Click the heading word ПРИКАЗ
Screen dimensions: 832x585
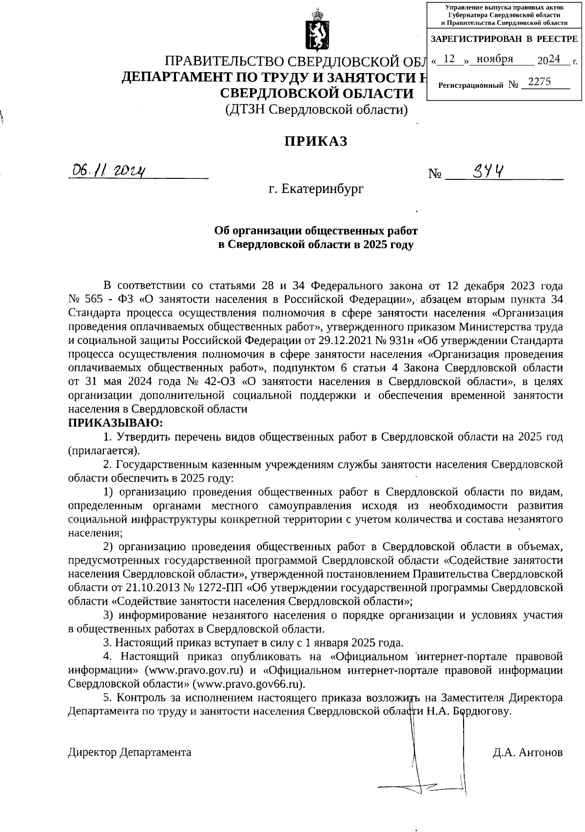316,141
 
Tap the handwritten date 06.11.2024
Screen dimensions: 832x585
109,171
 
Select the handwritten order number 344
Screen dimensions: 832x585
489,171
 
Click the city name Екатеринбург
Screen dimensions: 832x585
323,188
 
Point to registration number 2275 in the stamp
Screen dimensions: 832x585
539,82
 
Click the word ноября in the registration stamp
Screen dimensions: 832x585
495,59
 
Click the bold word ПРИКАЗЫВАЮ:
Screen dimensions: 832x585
116,422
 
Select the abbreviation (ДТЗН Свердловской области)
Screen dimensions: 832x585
316,110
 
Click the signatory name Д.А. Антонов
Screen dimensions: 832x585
528,752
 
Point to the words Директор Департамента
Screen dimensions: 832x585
130,752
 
